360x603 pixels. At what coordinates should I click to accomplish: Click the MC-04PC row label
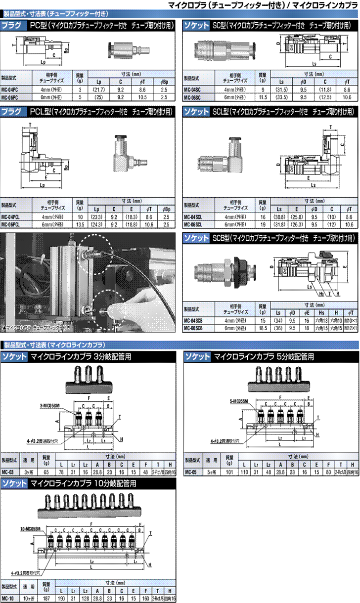(10, 90)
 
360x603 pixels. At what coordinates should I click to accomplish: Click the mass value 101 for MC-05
(229, 472)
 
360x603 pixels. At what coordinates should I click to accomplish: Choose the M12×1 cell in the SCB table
(350, 328)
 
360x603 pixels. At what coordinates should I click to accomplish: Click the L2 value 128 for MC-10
(85, 598)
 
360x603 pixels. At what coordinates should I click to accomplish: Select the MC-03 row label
(8, 472)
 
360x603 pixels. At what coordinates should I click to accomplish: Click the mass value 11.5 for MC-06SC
(263, 97)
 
